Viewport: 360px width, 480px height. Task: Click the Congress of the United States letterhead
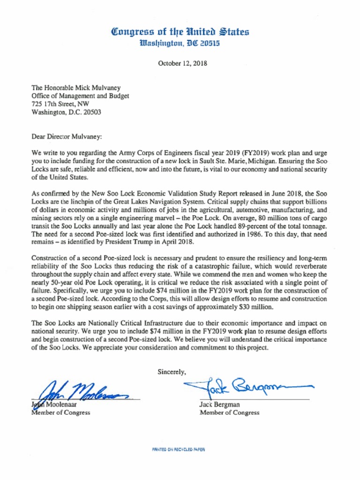[180, 32]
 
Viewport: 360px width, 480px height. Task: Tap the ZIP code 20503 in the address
[92, 112]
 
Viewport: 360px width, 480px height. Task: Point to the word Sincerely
[172, 372]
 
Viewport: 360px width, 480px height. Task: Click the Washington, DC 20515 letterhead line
[180, 44]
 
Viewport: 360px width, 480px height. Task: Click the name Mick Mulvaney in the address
[97, 88]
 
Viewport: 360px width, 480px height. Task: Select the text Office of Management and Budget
[80, 96]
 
